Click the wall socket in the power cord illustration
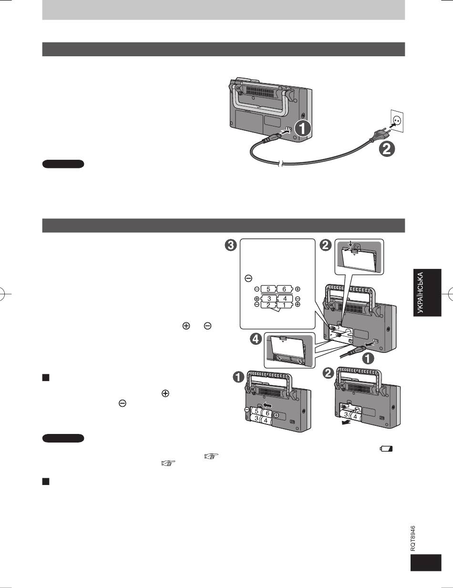coord(397,121)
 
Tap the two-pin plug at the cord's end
coord(381,134)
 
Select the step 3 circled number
coord(231,246)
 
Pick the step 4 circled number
coord(256,339)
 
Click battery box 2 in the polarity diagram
coord(268,305)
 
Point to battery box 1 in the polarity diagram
coord(284,305)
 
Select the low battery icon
coord(386,449)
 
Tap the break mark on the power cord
coord(281,164)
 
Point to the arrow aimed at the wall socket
coord(393,126)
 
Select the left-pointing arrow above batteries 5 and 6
coord(268,405)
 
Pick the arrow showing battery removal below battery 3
coord(346,423)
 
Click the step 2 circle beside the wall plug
coord(387,149)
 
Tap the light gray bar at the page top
coord(223,10)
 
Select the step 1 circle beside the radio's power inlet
coord(303,129)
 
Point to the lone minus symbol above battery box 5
coord(248,278)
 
